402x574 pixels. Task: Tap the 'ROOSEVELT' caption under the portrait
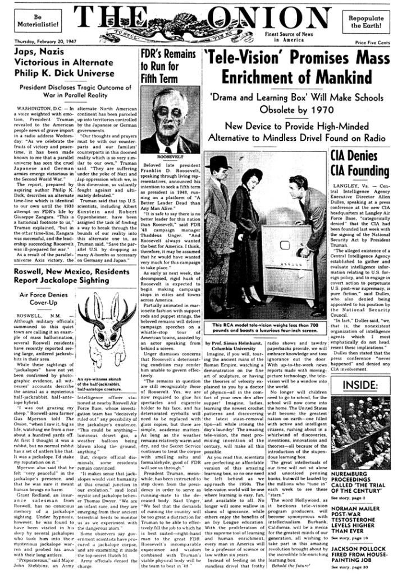(167, 156)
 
